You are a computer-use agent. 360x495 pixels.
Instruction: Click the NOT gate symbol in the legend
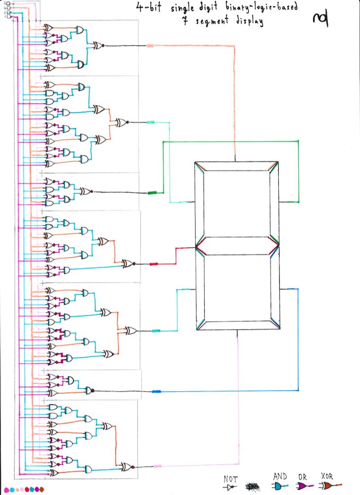click(229, 487)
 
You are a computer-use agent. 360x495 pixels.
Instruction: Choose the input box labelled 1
click(8, 17)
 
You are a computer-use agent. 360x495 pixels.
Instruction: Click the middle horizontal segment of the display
click(237, 246)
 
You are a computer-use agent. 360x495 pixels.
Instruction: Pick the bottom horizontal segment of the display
click(237, 326)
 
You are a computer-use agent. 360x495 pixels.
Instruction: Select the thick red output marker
click(153, 264)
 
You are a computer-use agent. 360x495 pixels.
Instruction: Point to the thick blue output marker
click(156, 391)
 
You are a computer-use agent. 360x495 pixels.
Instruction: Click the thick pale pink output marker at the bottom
click(158, 466)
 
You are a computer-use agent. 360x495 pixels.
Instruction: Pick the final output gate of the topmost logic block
click(97, 46)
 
